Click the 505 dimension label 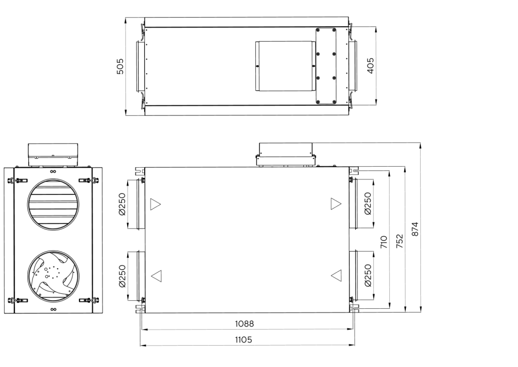pyautogui.click(x=120, y=66)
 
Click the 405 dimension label pyautogui.click(x=371, y=66)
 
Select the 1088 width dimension pyautogui.click(x=245, y=324)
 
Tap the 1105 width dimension pyautogui.click(x=244, y=340)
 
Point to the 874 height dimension pyautogui.click(x=415, y=229)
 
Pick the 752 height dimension pyautogui.click(x=400, y=241)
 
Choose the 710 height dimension pyautogui.click(x=383, y=242)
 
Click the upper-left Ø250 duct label pyautogui.click(x=122, y=204)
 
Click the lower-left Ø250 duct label pyautogui.click(x=122, y=276)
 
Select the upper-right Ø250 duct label pyautogui.click(x=368, y=204)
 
